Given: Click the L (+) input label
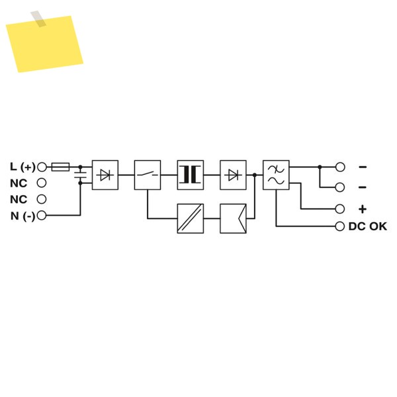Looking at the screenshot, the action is point(22,167).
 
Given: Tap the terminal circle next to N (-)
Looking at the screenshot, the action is point(42,216).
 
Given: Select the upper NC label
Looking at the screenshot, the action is point(19,183).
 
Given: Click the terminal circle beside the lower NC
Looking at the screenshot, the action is point(42,199).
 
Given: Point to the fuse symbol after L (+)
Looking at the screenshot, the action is point(60,167).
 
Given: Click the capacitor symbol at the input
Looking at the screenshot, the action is point(81,175).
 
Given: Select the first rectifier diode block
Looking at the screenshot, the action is point(105,175).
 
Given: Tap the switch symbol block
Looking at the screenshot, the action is point(148,175).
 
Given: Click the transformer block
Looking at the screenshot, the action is point(191,175).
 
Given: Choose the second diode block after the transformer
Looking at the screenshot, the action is point(233,175).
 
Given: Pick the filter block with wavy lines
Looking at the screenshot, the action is point(276,175).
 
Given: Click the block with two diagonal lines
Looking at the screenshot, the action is point(191,218).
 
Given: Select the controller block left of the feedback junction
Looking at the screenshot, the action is point(233,218).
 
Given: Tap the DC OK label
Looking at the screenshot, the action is point(368,226).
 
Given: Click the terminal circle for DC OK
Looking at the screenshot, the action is point(340,226).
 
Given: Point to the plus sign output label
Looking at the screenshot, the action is point(363,209).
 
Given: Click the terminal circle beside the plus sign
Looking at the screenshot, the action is point(340,209).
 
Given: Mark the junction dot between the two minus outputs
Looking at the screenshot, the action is point(320,167).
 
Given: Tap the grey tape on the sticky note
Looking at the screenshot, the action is point(38,19).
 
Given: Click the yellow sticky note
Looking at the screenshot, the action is point(44,44).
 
